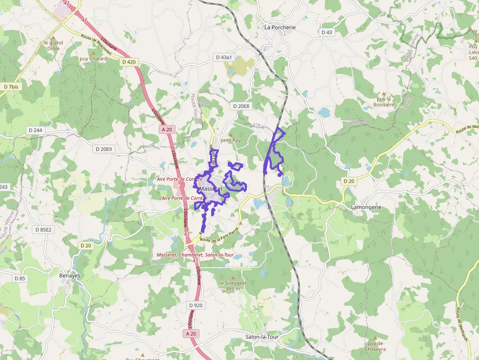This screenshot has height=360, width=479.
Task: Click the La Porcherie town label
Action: pyautogui.click(x=280, y=27)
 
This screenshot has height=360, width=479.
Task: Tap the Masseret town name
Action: pyautogui.click(x=211, y=189)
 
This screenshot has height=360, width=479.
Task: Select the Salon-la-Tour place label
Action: pyautogui.click(x=264, y=337)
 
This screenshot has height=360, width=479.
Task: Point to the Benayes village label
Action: pyautogui.click(x=70, y=275)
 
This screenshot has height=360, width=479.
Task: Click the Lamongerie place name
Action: pyautogui.click(x=366, y=207)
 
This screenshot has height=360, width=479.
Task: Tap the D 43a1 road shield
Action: pyautogui.click(x=225, y=57)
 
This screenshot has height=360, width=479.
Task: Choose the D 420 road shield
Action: pyautogui.click(x=129, y=62)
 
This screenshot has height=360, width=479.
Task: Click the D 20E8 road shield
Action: pyautogui.click(x=241, y=106)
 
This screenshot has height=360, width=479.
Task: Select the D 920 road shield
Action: pyautogui.click(x=195, y=305)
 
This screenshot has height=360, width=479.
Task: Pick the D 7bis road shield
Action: pyautogui.click(x=11, y=86)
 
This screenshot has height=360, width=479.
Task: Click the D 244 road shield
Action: pyautogui.click(x=35, y=130)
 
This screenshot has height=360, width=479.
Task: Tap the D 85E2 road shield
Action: pyautogui.click(x=44, y=229)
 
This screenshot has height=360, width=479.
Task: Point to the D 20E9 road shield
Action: pyautogui.click(x=104, y=149)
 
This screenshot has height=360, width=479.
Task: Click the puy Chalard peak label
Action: pyautogui.click(x=93, y=59)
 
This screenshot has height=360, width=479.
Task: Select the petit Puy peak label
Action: pyautogui.click(x=231, y=140)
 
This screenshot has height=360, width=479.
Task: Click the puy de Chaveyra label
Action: pyautogui.click(x=375, y=346)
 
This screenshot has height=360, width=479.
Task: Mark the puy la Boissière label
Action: pyautogui.click(x=383, y=102)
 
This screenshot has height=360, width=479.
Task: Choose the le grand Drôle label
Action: pyautogui.click(x=53, y=45)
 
